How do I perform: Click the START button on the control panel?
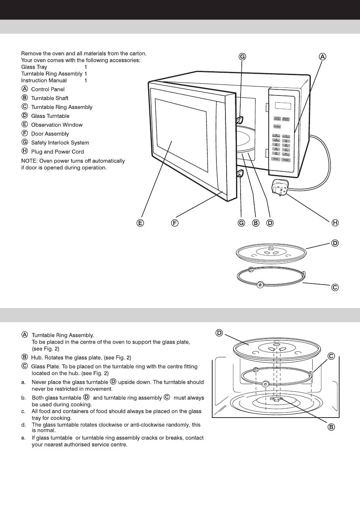point(286,160)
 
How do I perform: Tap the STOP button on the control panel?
point(276,160)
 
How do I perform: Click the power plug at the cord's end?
point(279,188)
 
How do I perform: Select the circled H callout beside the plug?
point(335,223)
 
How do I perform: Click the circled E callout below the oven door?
point(140,223)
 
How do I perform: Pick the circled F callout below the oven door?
point(174,223)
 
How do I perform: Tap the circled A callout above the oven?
point(322,56)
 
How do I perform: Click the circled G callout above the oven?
point(242,56)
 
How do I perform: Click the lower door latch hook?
point(239,175)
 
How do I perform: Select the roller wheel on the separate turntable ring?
point(260,285)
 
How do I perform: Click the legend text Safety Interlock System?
point(60,143)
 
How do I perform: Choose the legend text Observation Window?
point(56,125)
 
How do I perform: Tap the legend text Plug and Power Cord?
point(57,152)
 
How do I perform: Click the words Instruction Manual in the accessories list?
point(44,81)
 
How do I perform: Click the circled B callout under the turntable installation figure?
point(331,427)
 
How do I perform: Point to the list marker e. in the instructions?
point(23,438)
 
